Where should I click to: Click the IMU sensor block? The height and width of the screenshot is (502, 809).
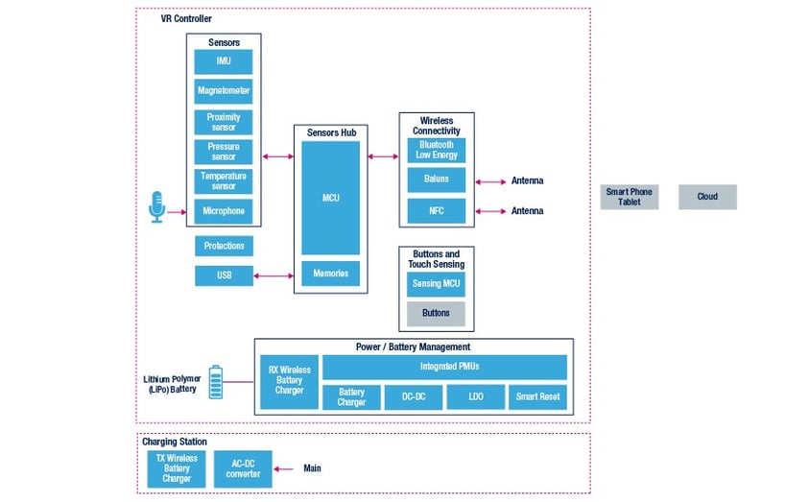[224, 62]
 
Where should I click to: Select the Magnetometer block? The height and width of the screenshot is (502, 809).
[224, 92]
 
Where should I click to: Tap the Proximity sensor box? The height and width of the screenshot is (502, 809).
[224, 122]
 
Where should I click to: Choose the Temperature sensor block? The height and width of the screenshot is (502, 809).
[224, 181]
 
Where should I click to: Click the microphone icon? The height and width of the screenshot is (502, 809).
[157, 206]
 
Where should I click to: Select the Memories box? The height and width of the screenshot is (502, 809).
[331, 274]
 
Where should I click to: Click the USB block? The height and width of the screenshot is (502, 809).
[224, 276]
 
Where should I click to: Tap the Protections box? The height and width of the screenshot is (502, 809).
[224, 246]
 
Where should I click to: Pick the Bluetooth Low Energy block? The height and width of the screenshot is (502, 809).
[436, 150]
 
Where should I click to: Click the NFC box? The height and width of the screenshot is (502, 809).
[436, 210]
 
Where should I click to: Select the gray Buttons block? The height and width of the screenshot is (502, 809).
[436, 313]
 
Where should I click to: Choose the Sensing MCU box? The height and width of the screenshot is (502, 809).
[436, 284]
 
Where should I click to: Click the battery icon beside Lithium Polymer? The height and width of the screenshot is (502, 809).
[216, 381]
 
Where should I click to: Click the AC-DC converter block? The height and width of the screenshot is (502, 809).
[242, 468]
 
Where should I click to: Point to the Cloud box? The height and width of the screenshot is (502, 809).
[707, 197]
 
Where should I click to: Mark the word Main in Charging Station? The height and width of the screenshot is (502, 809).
[312, 468]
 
